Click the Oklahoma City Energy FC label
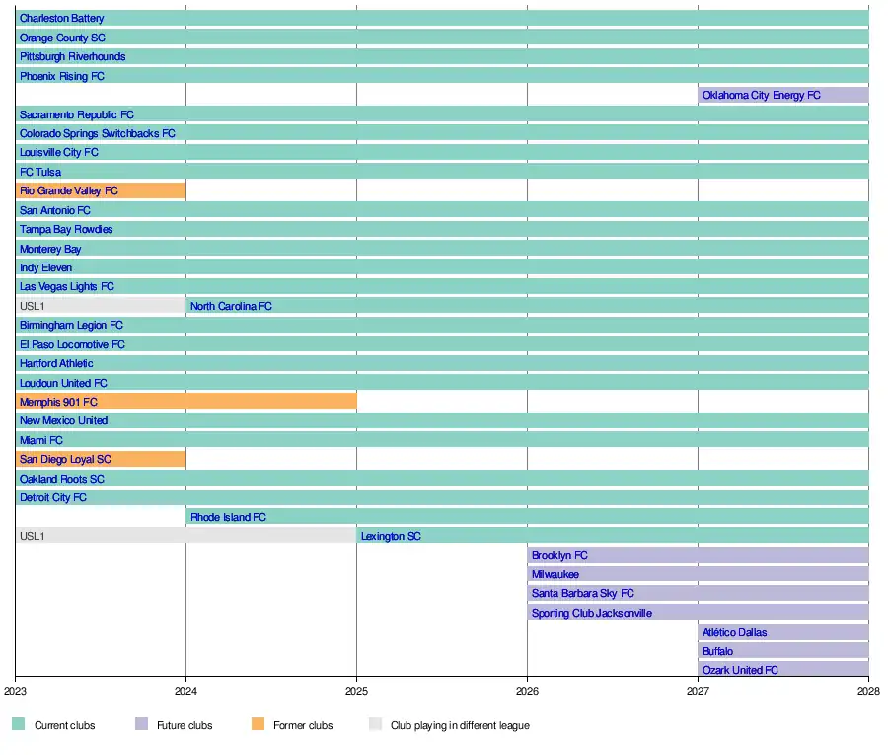[x=761, y=96]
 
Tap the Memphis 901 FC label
[x=58, y=402]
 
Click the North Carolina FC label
[x=231, y=306]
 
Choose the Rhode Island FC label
[x=228, y=517]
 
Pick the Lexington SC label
[x=391, y=536]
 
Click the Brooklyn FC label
[x=559, y=556]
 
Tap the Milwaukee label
[x=555, y=574]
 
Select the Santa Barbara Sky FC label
[x=582, y=594]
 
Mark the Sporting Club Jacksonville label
[x=591, y=613]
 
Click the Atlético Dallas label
[x=734, y=633]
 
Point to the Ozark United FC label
[x=740, y=671]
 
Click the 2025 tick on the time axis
[x=357, y=691]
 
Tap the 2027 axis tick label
[x=698, y=691]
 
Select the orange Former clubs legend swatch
[x=259, y=725]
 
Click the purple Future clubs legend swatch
[x=141, y=725]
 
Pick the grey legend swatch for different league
[x=375, y=725]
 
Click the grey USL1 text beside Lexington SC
[x=32, y=536]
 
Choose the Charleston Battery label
[x=61, y=19]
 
